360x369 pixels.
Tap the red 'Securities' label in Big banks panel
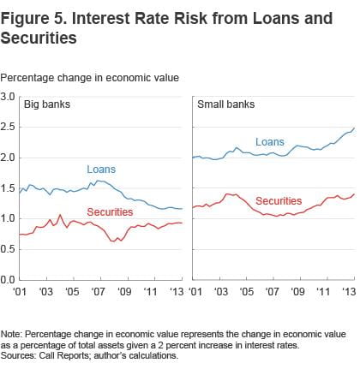[110, 211]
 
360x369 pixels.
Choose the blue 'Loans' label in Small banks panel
[269, 142]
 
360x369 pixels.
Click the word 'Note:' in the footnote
[13, 321]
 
